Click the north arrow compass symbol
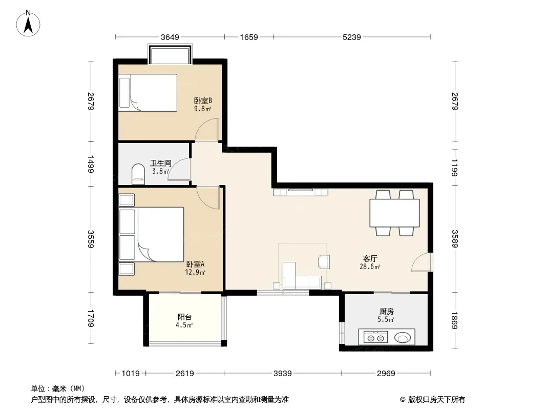click(28, 24)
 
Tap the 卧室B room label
click(203, 100)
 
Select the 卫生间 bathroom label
click(160, 163)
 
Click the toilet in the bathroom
click(138, 173)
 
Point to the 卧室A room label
click(195, 264)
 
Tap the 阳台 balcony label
click(184, 317)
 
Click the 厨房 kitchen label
click(387, 312)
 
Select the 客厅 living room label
click(370, 258)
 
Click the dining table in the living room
click(394, 213)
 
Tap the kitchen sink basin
click(403, 338)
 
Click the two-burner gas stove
click(376, 337)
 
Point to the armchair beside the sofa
click(324, 261)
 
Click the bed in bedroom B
click(148, 93)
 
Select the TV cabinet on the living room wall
click(301, 192)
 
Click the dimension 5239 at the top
click(352, 37)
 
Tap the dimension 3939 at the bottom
click(282, 374)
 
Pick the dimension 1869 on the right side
click(455, 320)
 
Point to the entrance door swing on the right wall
click(422, 262)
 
